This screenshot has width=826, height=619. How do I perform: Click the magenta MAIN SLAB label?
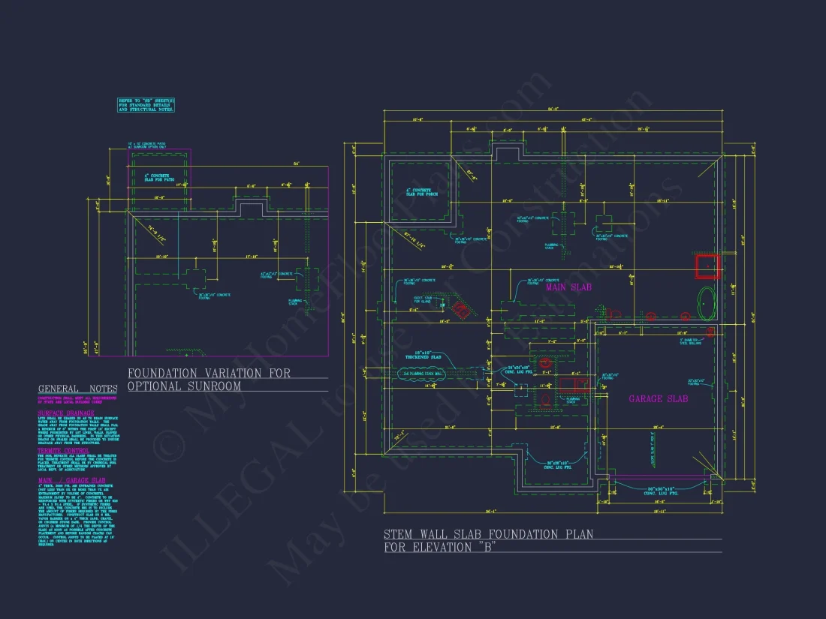pos(569,287)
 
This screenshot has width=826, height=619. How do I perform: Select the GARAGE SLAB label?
pos(658,398)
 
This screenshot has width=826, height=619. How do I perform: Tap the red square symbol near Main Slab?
pos(707,266)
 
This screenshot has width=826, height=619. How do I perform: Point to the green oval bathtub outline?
pos(707,303)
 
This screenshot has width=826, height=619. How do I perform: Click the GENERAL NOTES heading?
pos(78,389)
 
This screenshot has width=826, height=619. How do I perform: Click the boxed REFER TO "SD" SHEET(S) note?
pos(146,105)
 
